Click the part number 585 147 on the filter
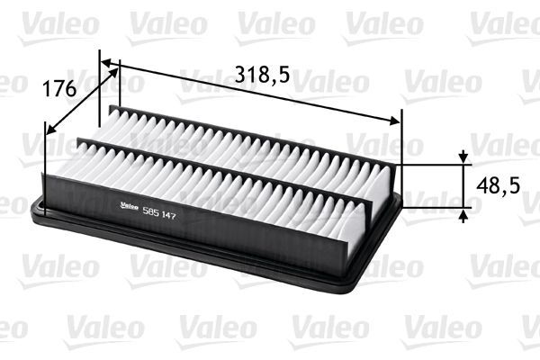(159, 211)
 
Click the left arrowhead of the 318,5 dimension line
(106, 64)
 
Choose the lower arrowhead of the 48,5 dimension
(463, 213)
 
